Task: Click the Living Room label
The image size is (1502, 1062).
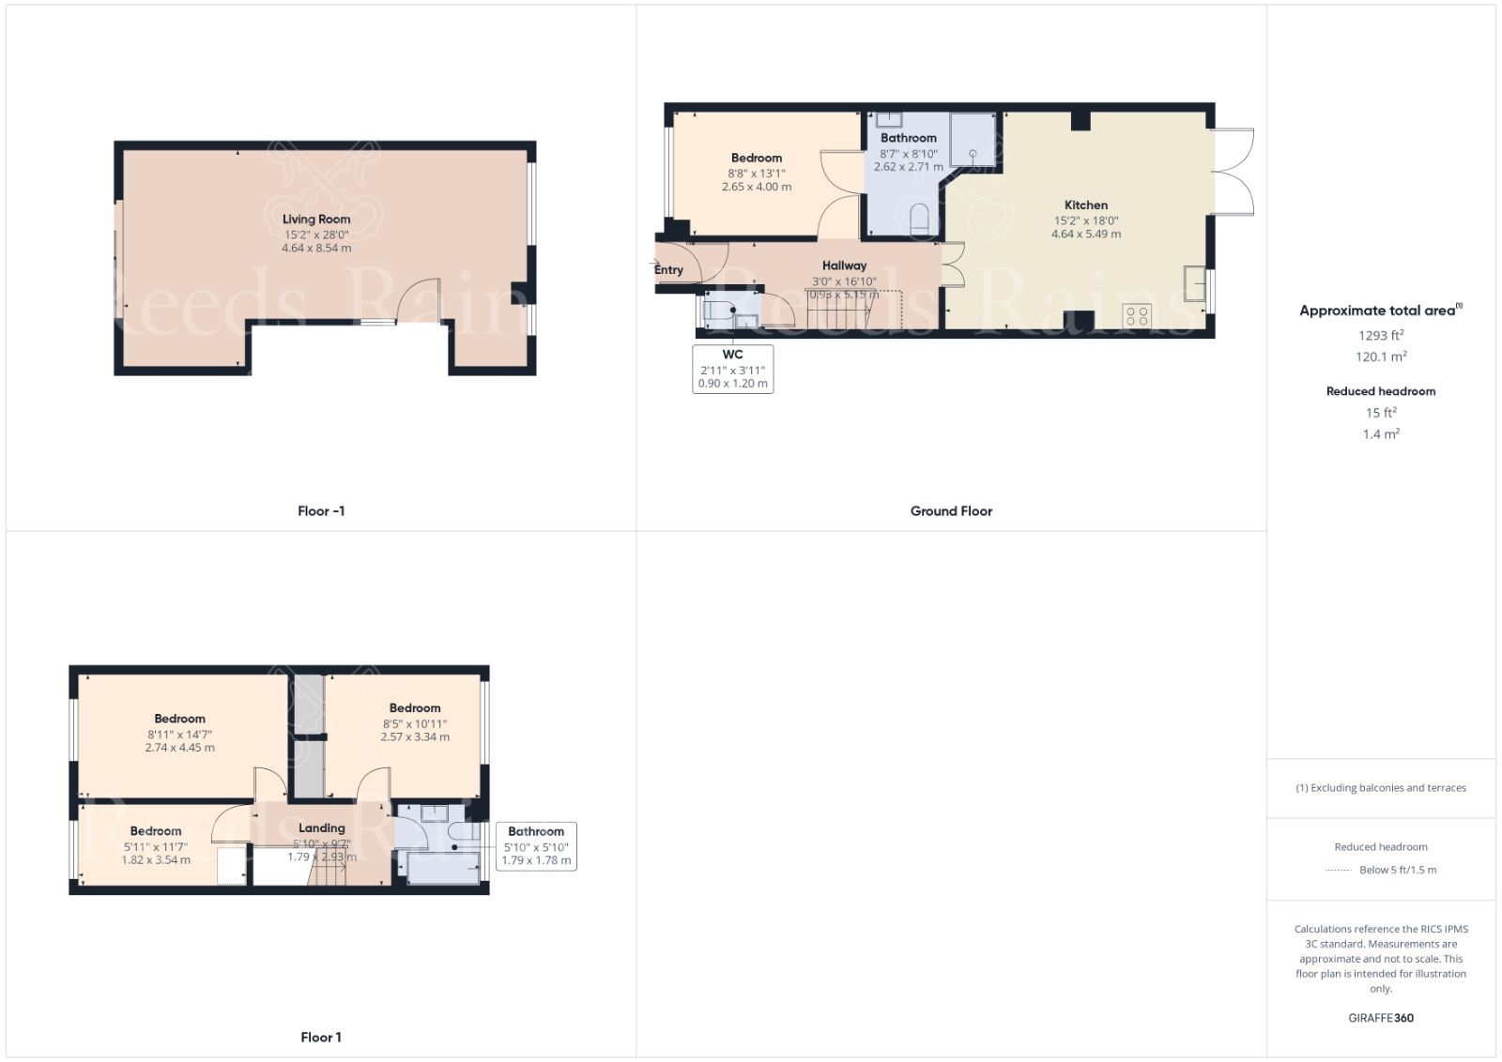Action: tap(316, 219)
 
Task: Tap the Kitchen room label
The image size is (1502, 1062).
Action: tap(1085, 205)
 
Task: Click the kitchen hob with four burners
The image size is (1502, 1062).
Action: tap(1137, 315)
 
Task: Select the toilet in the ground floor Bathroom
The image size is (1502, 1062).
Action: tap(919, 219)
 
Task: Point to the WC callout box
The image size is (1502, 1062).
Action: tap(732, 368)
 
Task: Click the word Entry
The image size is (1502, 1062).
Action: tap(668, 270)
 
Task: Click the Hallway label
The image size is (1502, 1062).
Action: tap(844, 265)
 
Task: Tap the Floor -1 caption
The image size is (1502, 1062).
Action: tap(321, 511)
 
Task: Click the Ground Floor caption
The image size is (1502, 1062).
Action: tap(951, 511)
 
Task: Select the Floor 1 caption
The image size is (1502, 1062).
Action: tap(321, 1037)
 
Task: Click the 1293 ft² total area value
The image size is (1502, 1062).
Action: tap(1380, 335)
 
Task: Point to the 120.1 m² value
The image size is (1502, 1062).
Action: tap(1380, 357)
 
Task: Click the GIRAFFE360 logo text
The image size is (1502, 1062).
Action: tap(1380, 1018)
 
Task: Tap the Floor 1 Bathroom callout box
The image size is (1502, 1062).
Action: tap(536, 845)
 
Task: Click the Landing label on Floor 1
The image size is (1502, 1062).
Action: tap(321, 827)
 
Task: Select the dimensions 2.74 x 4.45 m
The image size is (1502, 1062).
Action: tap(179, 748)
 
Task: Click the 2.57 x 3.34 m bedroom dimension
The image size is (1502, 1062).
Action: tap(414, 737)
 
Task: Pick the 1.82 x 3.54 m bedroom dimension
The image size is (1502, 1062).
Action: tap(156, 859)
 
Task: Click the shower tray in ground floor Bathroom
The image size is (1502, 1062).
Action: tap(973, 140)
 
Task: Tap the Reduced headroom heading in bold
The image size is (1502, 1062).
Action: tap(1380, 391)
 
